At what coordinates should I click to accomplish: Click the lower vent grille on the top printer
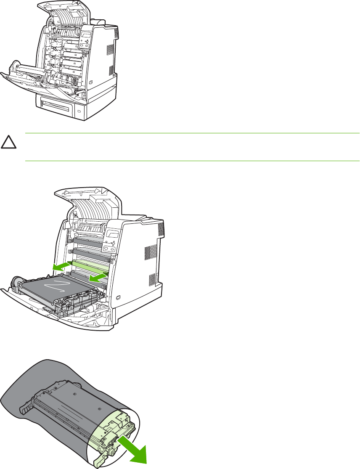(111, 69)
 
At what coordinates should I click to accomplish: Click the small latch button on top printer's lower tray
(79, 111)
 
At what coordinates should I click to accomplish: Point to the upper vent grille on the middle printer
(159, 229)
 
